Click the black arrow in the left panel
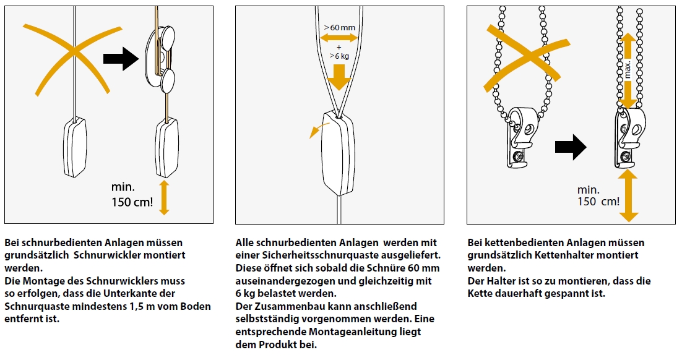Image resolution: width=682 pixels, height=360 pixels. tap(121, 59)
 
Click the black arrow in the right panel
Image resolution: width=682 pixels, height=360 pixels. tap(571, 147)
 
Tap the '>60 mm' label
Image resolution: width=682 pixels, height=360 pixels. tap(339, 27)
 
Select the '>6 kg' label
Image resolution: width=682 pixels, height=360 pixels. tap(339, 56)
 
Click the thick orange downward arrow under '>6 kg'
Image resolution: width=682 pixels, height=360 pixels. tap(339, 77)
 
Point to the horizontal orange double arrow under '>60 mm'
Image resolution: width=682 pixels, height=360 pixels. tap(339, 38)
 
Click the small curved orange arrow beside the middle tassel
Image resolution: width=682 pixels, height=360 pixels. tap(319, 130)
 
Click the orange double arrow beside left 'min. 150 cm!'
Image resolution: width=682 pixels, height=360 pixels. tap(164, 197)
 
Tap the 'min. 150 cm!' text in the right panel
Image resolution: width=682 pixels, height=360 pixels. tap(598, 195)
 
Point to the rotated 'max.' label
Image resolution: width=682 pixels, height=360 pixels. tap(627, 69)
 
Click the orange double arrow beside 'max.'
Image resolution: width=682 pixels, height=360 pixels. tap(628, 71)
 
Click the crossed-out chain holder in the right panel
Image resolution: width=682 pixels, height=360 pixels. tap(520, 137)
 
